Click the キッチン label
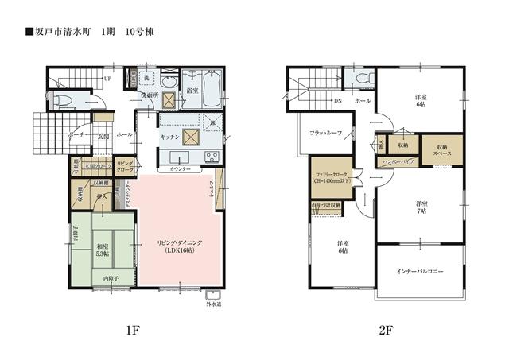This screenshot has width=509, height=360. [x=169, y=137]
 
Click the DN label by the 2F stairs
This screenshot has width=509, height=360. [x=337, y=102]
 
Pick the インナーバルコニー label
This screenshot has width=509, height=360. [x=420, y=271]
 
